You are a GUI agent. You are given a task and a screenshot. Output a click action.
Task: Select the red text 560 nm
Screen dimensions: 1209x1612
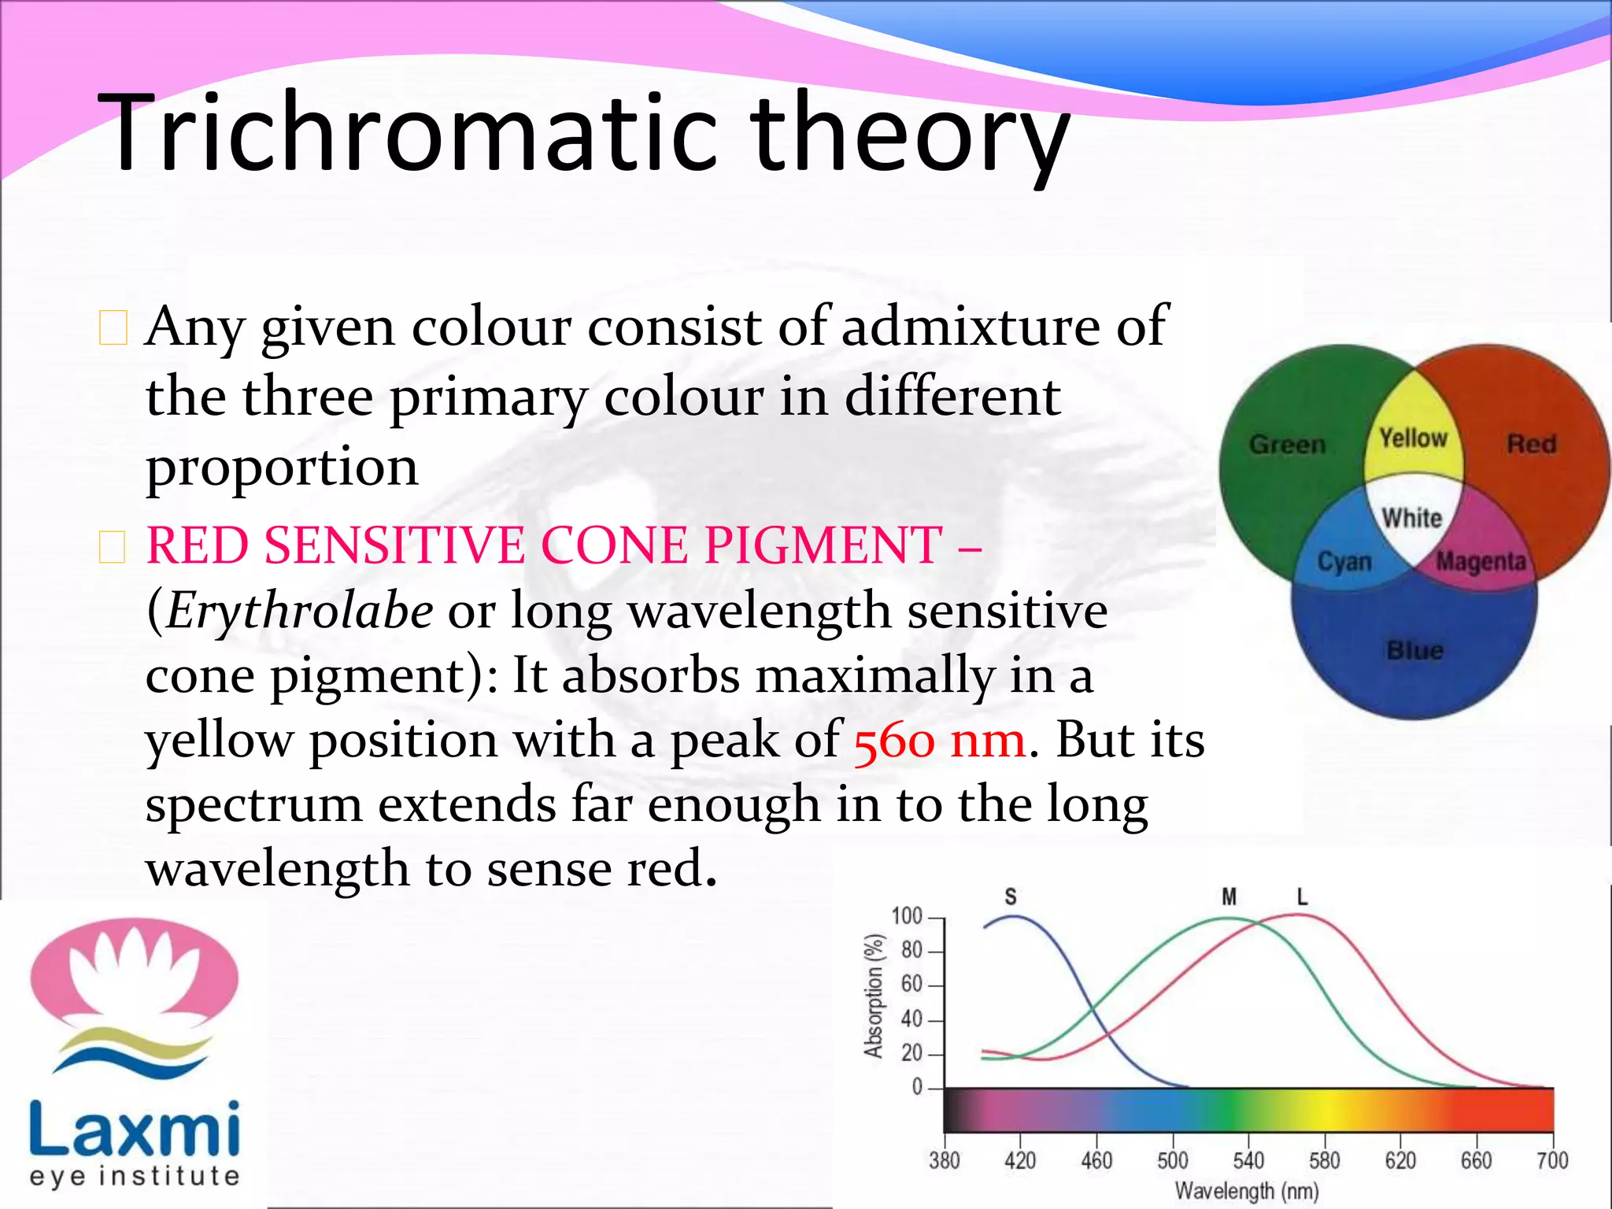940,741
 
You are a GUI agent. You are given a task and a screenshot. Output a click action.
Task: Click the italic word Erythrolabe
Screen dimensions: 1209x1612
299,611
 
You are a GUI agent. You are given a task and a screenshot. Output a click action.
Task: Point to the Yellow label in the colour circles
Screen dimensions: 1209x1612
1413,438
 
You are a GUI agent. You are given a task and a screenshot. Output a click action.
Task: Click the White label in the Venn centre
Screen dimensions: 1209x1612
1412,517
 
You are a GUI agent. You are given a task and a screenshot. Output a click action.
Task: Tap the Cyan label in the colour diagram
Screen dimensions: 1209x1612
1344,562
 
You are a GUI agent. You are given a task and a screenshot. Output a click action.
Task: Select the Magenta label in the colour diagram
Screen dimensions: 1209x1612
1481,561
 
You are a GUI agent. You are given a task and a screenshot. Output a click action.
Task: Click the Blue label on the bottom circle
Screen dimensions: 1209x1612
1414,650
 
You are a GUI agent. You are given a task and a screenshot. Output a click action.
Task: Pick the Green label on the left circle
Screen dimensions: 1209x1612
1287,445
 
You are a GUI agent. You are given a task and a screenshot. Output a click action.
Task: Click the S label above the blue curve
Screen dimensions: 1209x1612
1011,897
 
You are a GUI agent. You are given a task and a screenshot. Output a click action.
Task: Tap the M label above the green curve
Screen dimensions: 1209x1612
1229,897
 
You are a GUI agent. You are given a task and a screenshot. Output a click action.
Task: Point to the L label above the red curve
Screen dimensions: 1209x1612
1302,897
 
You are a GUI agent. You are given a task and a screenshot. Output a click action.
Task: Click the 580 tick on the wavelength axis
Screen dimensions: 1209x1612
1324,1160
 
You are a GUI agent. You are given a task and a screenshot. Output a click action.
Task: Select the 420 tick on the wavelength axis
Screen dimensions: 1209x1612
1020,1160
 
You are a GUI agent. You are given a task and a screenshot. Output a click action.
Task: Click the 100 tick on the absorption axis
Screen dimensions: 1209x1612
907,916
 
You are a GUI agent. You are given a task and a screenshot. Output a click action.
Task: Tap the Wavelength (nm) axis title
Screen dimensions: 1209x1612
1247,1191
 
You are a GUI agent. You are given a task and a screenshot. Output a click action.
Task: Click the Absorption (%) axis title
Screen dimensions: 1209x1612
874,996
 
